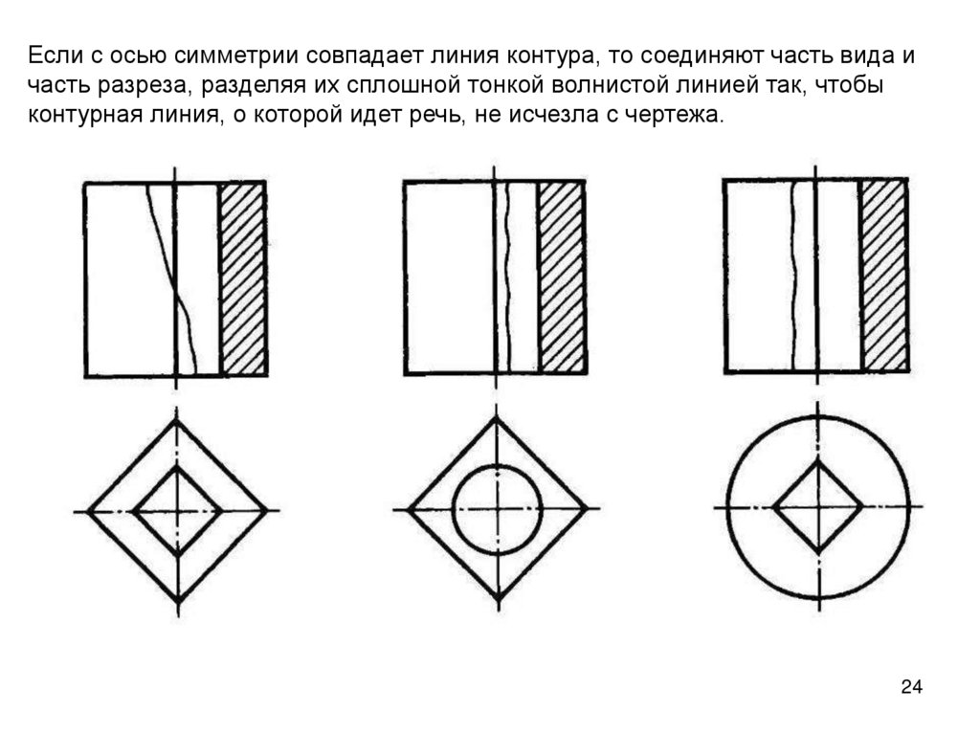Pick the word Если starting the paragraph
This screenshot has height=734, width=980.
53,55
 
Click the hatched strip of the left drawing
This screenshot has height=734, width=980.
243,278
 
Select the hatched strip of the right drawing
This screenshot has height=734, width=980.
883,276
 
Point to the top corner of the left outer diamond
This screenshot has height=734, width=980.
177,421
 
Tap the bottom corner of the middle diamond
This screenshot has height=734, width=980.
498,599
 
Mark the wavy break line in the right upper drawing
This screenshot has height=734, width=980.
794,278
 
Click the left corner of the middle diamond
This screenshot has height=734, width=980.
409,510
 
